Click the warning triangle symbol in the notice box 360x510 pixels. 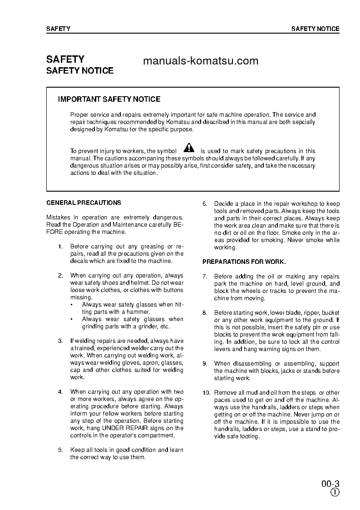pos(189,148)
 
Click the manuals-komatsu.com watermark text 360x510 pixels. pos(200,61)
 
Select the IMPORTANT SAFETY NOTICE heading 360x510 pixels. pos(109,99)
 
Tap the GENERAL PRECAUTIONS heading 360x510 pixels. pos(84,203)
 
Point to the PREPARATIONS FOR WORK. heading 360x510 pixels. pos(244,262)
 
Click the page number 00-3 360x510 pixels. pos(330,483)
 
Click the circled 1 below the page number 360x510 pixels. pos(335,493)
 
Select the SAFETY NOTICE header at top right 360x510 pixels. pos(315,29)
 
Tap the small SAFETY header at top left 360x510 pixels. pos(58,29)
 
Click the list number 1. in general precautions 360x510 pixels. pos(60,247)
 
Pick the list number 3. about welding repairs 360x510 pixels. pos(60,341)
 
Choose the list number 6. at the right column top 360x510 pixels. pos(205,204)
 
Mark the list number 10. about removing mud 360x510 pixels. pos(206,393)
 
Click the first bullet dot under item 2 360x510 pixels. pos(71,305)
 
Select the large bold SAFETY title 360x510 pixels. pos(65,59)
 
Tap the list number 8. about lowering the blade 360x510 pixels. pos(205,313)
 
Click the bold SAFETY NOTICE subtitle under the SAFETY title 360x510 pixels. pos(80,71)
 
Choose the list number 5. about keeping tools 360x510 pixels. pos(60,450)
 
